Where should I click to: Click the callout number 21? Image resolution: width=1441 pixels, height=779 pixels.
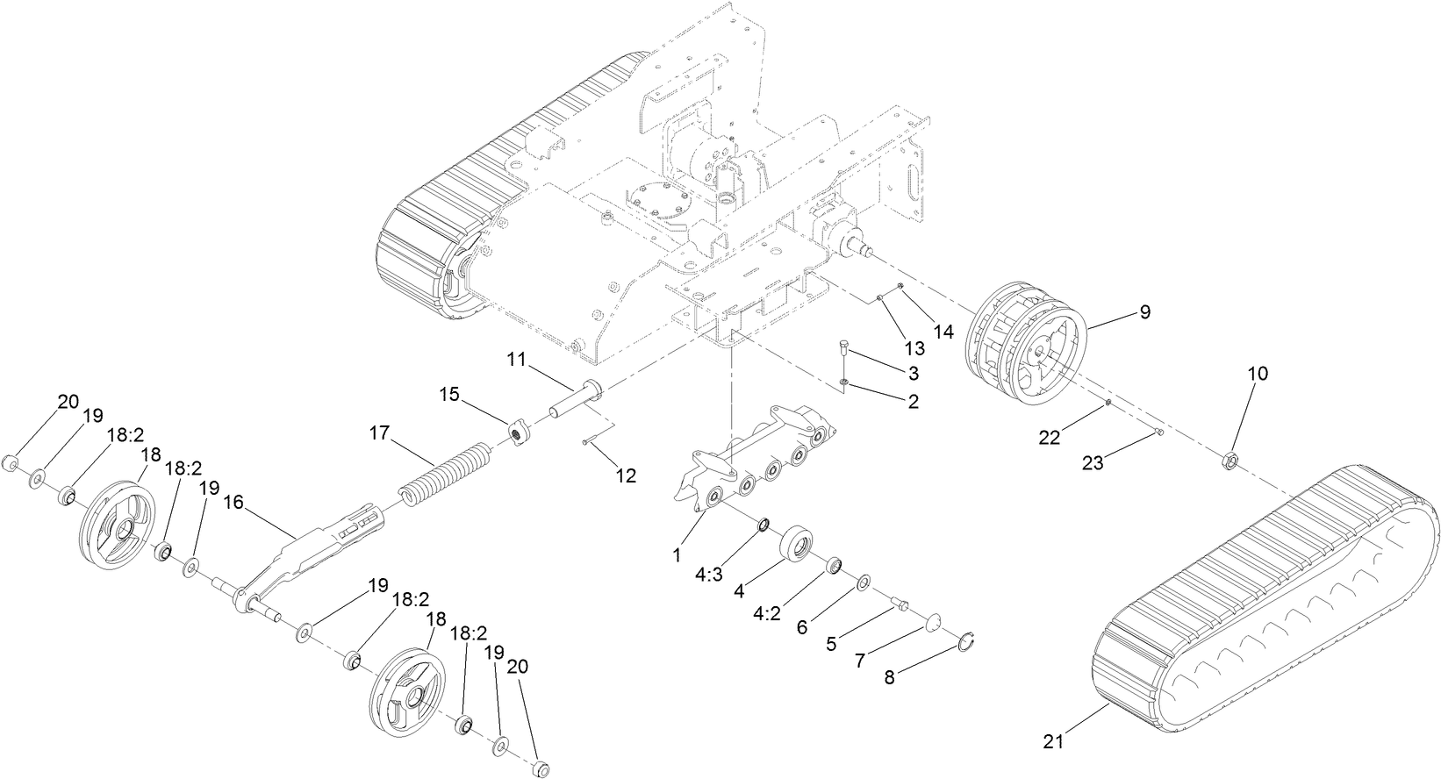[x=1055, y=741]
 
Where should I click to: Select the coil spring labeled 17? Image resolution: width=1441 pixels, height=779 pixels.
[x=443, y=474]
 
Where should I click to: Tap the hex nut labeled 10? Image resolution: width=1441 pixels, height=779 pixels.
[x=1230, y=458]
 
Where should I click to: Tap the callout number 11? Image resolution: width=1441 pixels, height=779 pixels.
[x=516, y=359]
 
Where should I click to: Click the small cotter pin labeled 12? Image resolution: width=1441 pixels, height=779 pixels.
[x=584, y=442]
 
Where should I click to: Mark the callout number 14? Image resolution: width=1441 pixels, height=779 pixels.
[x=943, y=332]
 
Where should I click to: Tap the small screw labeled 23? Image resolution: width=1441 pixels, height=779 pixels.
[x=1160, y=431]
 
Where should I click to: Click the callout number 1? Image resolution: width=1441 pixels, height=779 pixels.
[x=677, y=555]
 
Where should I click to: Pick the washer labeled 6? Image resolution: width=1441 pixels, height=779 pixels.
[x=864, y=582]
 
